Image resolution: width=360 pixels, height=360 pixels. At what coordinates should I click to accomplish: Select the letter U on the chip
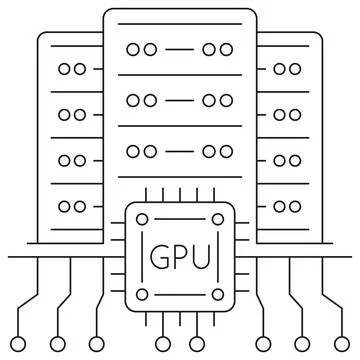point(203,257)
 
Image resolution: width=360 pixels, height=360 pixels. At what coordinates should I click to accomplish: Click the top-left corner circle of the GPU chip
point(142,219)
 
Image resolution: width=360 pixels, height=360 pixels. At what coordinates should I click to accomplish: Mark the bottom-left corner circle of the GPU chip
point(142,295)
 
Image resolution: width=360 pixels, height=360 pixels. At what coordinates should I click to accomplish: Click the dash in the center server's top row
point(180,48)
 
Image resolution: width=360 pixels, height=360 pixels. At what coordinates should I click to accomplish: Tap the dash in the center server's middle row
point(180,100)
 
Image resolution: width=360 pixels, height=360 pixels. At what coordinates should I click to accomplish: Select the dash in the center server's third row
point(180,151)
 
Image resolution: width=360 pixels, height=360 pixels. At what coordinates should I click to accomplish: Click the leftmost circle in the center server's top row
point(134,48)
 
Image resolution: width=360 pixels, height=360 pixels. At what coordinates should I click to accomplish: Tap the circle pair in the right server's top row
point(288,69)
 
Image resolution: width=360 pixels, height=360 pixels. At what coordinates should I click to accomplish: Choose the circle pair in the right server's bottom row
point(288,207)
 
